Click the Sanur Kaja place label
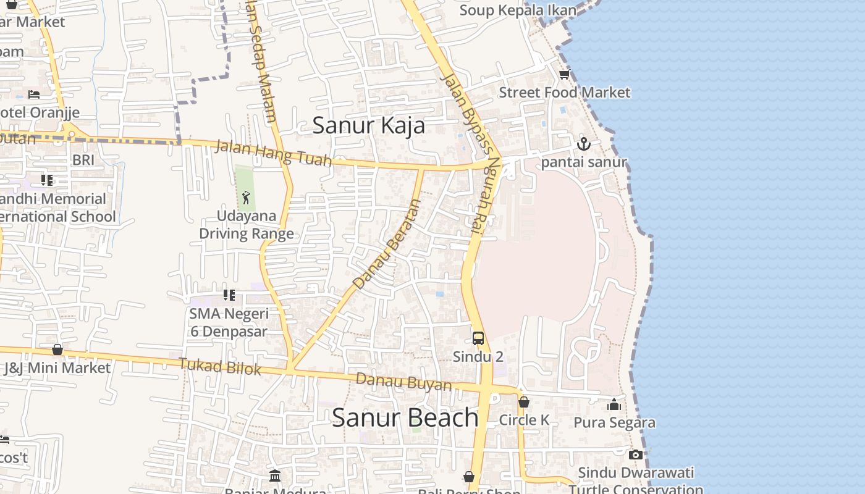point(368,125)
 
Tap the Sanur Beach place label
point(405,418)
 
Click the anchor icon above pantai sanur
point(584,144)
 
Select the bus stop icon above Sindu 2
point(478,338)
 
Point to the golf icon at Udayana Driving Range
point(246,198)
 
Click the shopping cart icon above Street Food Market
point(563,75)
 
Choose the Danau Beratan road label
point(387,245)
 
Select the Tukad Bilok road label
point(220,367)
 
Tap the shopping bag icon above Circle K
point(524,402)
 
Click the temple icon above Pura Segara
point(614,405)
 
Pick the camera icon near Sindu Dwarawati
point(635,455)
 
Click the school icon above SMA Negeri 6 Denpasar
point(229,295)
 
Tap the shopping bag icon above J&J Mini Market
point(57,350)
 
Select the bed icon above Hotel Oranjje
point(34,94)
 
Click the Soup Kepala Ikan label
point(518,10)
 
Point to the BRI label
point(83,160)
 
